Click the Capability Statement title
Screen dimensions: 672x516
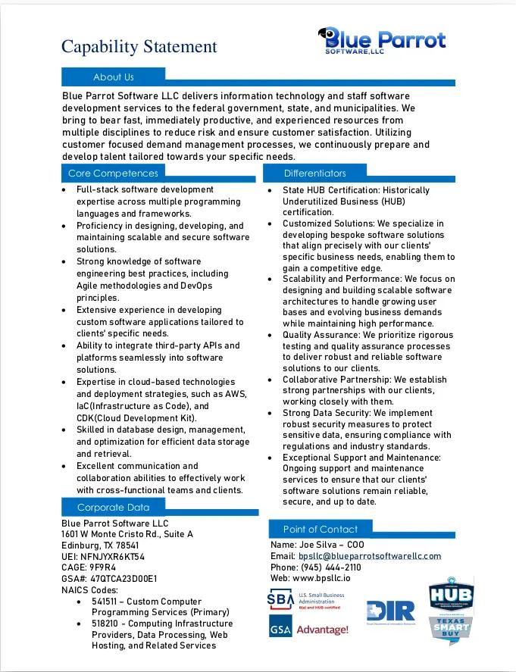coord(139,47)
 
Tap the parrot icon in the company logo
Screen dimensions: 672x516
coord(329,36)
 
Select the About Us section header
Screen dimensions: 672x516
coord(113,77)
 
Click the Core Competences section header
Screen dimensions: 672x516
coord(113,173)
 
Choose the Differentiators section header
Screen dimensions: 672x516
coord(315,173)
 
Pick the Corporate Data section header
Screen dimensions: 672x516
coord(113,508)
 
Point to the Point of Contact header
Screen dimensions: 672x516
coord(321,529)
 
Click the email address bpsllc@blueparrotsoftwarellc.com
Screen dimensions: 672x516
coord(370,556)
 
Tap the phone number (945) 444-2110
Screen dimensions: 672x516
coord(331,567)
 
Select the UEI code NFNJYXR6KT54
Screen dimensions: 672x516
coord(112,557)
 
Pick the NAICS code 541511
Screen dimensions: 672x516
coord(106,601)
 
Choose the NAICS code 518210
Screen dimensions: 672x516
coord(106,624)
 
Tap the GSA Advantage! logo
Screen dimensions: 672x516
coord(308,628)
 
